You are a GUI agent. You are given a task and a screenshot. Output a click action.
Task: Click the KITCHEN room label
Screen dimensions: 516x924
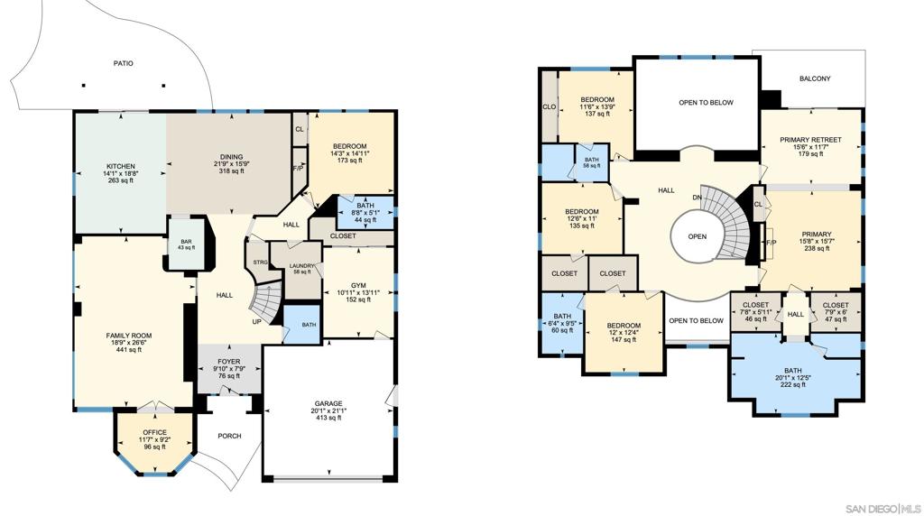click(x=120, y=166)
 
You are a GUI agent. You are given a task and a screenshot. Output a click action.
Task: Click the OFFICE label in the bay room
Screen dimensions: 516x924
click(x=154, y=432)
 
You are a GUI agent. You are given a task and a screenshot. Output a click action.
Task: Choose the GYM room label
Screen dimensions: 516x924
click(x=358, y=284)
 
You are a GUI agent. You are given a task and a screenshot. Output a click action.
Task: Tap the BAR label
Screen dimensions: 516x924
click(x=186, y=242)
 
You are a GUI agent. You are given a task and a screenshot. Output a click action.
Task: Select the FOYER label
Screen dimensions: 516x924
click(x=229, y=362)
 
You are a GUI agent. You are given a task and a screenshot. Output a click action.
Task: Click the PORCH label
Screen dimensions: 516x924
click(x=229, y=436)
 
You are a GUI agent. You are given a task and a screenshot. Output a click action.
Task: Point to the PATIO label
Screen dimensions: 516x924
click(x=123, y=63)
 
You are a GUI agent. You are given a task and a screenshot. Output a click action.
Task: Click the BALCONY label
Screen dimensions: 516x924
click(x=815, y=78)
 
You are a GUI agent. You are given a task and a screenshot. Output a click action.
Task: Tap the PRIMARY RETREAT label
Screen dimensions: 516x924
click(x=810, y=140)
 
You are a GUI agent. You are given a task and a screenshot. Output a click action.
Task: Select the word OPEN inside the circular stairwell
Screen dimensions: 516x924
click(x=697, y=236)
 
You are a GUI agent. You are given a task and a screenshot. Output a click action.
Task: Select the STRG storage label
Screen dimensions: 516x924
click(x=259, y=262)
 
